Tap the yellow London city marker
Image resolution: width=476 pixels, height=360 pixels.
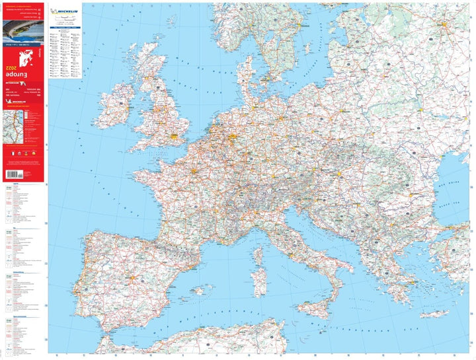175,139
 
